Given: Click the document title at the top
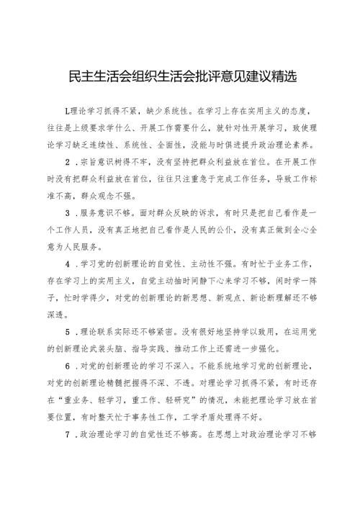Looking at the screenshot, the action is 180,75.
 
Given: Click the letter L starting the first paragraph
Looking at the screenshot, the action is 67,111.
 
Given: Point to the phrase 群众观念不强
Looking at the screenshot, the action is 117,194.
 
